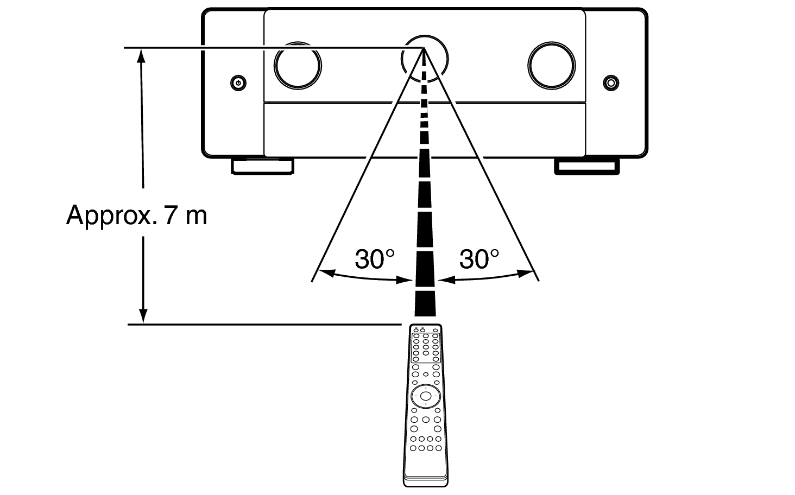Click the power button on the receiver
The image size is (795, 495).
click(x=238, y=83)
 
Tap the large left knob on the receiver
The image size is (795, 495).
click(x=298, y=66)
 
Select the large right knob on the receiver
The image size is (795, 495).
click(x=552, y=66)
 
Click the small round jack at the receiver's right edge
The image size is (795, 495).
click(x=611, y=83)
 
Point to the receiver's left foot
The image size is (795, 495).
click(x=263, y=166)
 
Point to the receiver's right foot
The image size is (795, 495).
click(x=587, y=167)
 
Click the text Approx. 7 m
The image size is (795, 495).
click(x=137, y=215)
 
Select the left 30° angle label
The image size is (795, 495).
click(x=375, y=259)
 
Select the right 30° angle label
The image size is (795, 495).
click(x=479, y=259)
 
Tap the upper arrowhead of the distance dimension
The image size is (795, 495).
click(x=141, y=55)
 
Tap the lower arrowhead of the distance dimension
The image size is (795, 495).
click(x=143, y=316)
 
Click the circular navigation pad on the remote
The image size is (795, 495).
click(x=426, y=396)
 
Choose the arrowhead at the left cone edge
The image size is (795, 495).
click(x=327, y=273)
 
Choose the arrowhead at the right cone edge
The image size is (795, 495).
click(x=525, y=273)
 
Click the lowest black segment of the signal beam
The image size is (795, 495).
click(x=425, y=304)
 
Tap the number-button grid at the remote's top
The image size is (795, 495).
click(x=426, y=348)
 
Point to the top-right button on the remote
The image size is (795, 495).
click(x=435, y=331)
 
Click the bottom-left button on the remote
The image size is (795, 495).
click(x=413, y=448)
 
